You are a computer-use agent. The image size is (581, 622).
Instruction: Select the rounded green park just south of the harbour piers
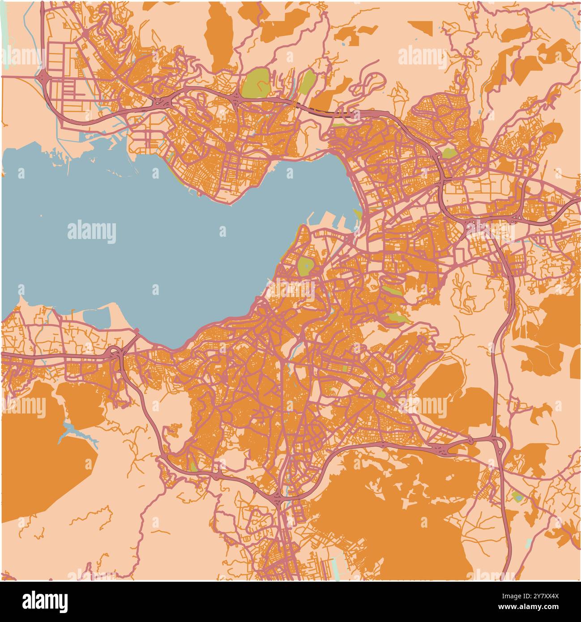306,266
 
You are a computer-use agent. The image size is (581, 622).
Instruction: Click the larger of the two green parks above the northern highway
255,82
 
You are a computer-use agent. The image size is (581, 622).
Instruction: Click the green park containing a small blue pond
517,496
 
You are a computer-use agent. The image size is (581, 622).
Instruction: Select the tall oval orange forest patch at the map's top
219,36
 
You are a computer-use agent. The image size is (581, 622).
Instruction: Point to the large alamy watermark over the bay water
92,232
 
